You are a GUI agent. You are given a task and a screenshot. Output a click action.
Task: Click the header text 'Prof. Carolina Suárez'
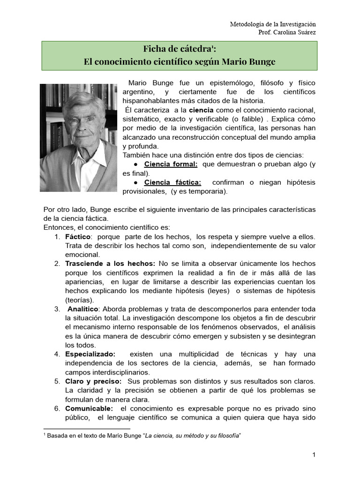point(287,32)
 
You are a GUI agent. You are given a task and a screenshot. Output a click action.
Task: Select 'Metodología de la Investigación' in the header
point(273,24)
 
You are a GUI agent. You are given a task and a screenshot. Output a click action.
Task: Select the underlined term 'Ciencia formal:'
point(171,164)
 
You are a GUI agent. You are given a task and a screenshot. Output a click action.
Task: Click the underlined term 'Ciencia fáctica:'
point(172,182)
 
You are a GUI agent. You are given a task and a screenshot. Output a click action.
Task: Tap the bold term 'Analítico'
point(83,309)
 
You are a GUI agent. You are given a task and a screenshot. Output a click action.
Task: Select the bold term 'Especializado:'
point(90,354)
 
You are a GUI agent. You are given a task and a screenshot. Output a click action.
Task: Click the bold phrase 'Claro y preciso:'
point(93,382)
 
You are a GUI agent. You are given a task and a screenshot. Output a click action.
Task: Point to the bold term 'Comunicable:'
point(89,409)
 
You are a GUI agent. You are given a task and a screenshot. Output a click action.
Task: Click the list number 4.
point(57,354)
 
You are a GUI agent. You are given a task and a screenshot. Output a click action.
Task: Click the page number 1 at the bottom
point(315,455)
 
